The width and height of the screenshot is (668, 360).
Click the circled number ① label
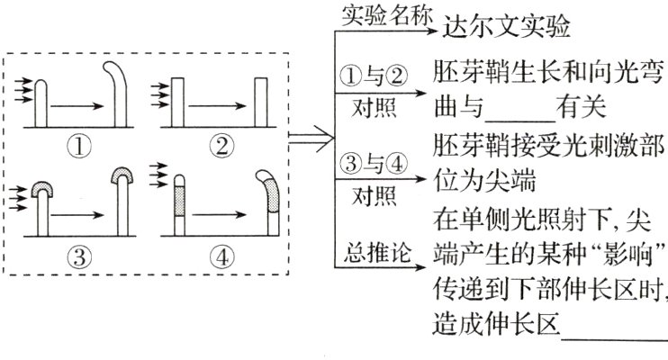coord(80,145)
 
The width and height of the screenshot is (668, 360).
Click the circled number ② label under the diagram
coord(219,145)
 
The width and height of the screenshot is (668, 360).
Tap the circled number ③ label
coord(80,254)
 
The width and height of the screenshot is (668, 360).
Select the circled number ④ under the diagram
coord(219,254)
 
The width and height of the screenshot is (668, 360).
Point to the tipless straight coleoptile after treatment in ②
coord(261,103)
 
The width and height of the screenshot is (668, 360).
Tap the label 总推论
coord(378,255)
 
